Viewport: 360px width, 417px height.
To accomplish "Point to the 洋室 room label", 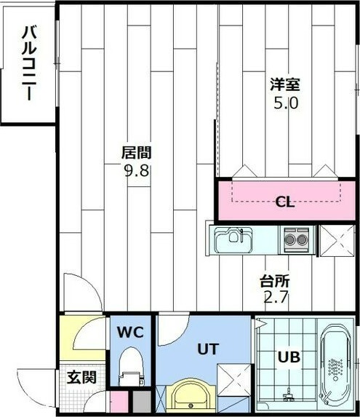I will click(x=285, y=84).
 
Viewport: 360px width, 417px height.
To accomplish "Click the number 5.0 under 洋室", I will click(x=285, y=103).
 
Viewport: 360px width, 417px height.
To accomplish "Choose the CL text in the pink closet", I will click(x=284, y=202).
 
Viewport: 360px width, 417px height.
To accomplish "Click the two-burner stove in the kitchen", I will click(x=296, y=238).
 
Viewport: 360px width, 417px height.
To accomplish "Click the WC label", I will click(x=131, y=333).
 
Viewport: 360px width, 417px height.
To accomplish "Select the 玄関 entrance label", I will click(x=80, y=378).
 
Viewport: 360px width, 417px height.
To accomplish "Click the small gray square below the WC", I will click(x=140, y=401).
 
